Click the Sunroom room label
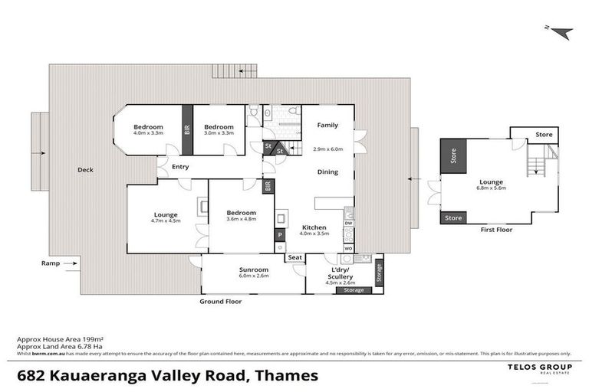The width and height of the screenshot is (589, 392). [x=253, y=270]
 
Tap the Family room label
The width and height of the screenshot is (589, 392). [x=327, y=125]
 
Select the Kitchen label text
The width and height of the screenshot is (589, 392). [x=314, y=227]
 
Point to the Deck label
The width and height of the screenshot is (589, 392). [x=85, y=170]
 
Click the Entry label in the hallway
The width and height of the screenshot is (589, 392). [x=180, y=166]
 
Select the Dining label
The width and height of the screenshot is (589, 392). [x=327, y=172]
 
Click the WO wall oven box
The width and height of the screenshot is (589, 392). [x=347, y=248]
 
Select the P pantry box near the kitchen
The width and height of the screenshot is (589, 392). [x=281, y=234]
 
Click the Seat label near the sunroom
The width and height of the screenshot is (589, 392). [x=295, y=257]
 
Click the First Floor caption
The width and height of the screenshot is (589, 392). [x=495, y=229]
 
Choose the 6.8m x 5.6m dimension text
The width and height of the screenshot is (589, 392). [x=491, y=188]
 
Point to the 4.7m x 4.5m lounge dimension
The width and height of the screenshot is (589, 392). [x=165, y=221]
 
